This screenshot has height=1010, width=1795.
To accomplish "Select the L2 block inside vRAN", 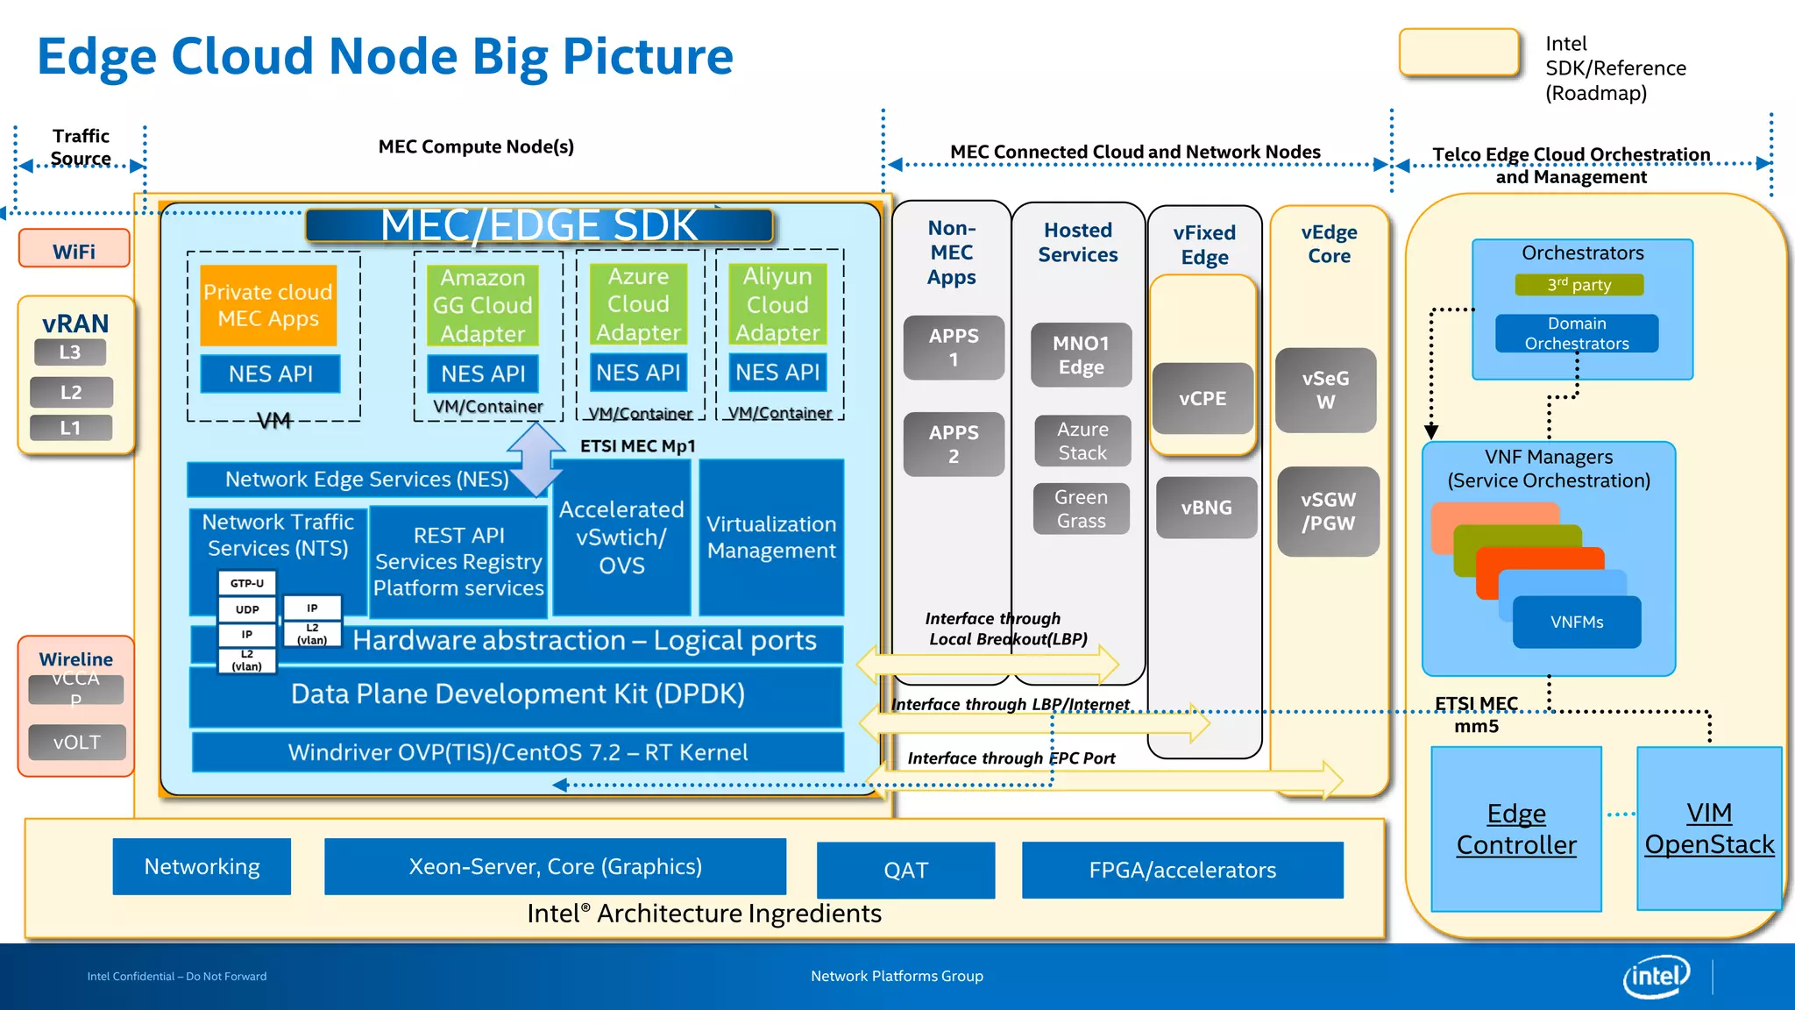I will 71,392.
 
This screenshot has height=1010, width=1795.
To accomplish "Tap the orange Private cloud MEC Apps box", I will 268,305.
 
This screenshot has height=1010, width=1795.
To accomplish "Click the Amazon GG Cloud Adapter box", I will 483,305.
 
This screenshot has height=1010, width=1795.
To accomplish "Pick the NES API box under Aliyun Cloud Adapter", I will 777,373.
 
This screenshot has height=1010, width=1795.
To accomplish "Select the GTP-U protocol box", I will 247,583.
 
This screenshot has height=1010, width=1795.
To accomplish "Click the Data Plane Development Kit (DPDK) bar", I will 517,694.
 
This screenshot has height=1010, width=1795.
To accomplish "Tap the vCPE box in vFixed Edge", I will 1203,399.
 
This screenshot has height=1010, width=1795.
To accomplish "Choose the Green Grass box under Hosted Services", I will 1082,509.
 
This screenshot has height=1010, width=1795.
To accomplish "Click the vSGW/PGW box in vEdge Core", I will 1328,512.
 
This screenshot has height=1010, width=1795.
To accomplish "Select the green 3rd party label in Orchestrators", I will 1579,285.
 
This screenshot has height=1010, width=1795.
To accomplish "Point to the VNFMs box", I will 1577,622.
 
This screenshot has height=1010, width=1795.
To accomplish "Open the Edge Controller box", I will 1516,829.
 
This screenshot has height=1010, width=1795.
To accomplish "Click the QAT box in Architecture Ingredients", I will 905,870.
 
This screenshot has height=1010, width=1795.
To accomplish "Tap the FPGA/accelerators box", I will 1182,870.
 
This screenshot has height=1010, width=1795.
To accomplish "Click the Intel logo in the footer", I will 1656,976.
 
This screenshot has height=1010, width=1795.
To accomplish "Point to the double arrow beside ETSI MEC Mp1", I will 536,459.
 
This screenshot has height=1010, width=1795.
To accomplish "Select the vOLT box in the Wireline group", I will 77,743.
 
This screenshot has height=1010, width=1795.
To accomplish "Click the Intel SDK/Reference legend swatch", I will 1459,53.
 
